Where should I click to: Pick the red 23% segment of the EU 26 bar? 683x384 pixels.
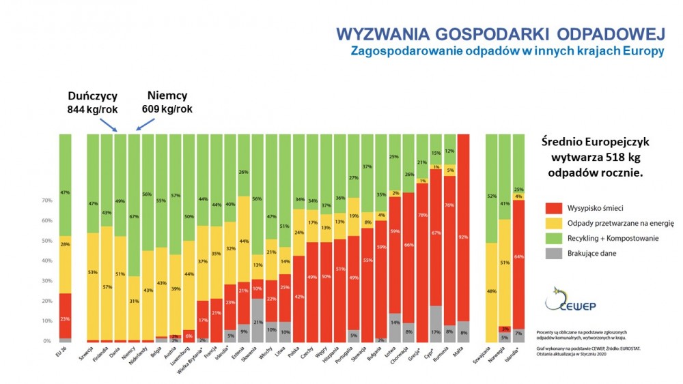[65, 318]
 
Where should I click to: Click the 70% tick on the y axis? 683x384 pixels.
[46, 201]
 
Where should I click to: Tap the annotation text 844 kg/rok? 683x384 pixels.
[92, 109]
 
